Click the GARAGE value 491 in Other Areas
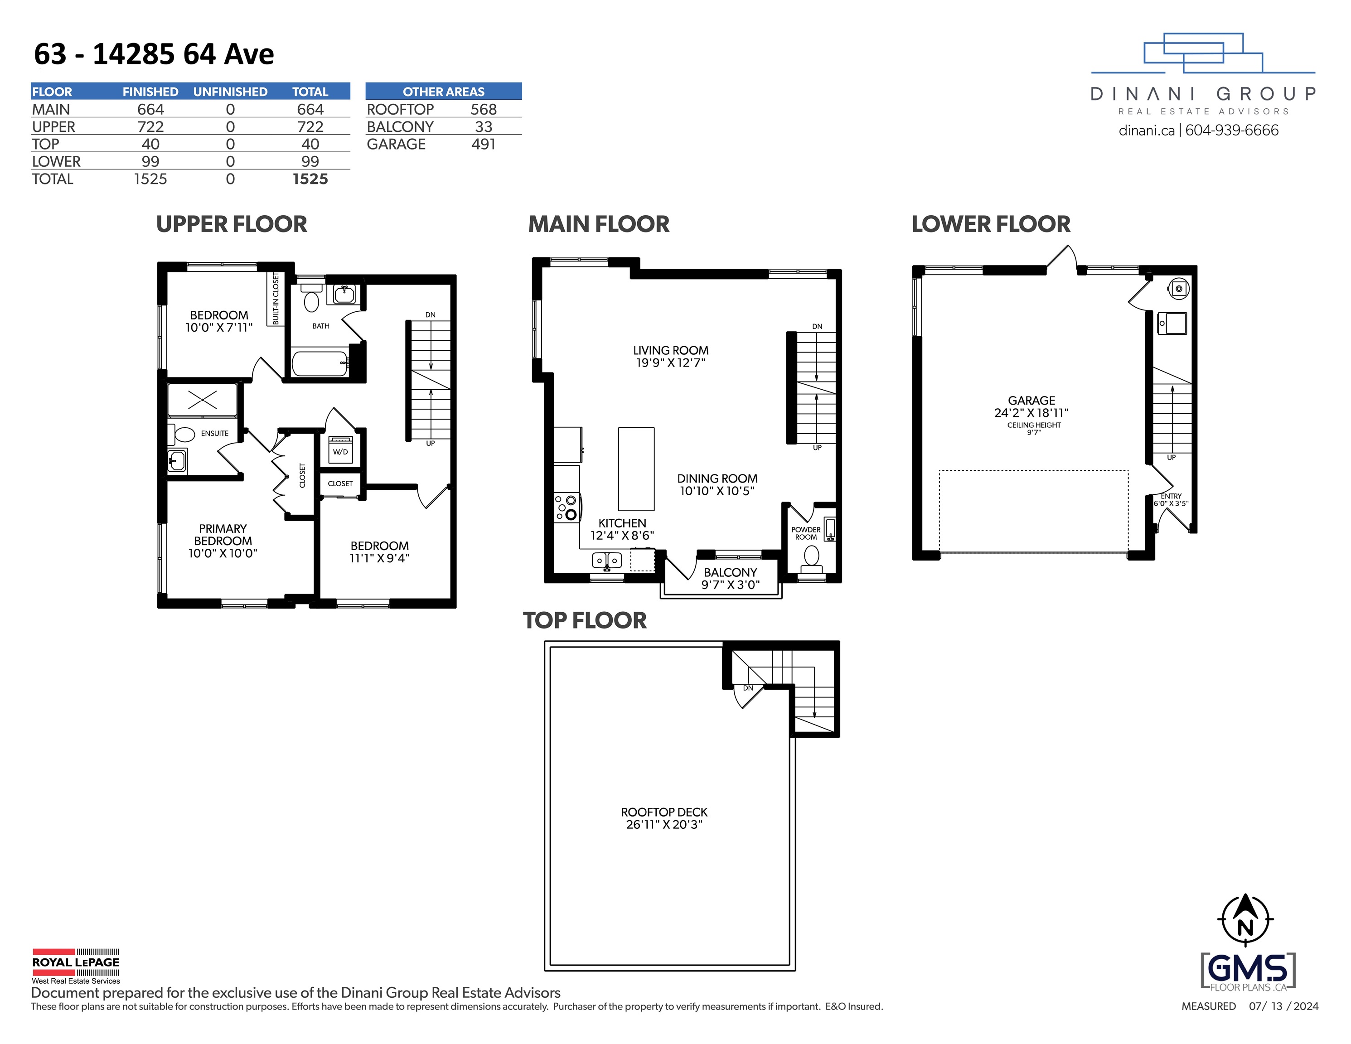coord(483,144)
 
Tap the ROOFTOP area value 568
coord(483,110)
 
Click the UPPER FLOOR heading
coord(231,224)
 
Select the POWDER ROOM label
coord(805,533)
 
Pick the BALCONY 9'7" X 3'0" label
coord(730,578)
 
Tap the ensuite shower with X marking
coord(202,400)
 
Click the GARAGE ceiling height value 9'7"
coord(1034,433)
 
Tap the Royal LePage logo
coord(76,966)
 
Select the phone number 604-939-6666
coord(1232,130)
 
